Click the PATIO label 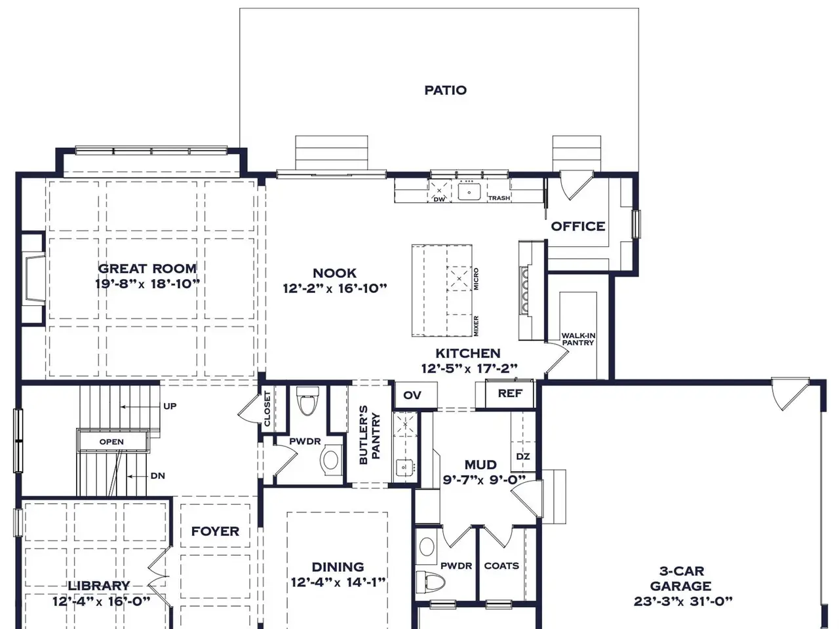445,90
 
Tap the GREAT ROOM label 147,269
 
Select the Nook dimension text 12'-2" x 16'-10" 335,288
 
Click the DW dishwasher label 439,199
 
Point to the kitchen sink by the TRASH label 469,192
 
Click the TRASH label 499,198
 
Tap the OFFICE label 578,227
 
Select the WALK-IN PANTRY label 578,339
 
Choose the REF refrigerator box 510,394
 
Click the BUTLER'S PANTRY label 370,435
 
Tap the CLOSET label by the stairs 267,409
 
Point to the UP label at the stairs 170,406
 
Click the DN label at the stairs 158,476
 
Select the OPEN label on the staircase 111,442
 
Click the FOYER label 215,531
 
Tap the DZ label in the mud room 523,457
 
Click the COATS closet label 501,565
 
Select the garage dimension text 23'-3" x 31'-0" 683,601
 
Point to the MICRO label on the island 477,279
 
